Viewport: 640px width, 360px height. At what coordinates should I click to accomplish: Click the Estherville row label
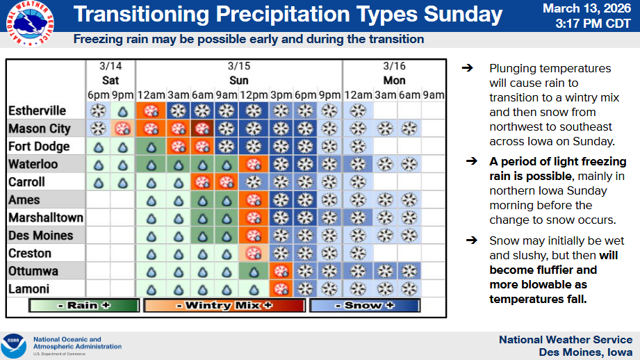coord(38,111)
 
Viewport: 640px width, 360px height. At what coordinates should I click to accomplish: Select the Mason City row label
coord(40,129)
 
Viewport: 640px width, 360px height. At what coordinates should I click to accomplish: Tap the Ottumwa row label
coord(33,271)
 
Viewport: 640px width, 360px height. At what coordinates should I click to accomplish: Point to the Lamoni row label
coord(30,288)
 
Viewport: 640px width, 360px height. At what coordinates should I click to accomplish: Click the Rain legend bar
coord(84,305)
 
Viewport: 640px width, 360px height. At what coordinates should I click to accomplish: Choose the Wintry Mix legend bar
coord(224,305)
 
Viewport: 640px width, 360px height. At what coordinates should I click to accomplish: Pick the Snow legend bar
coord(363,305)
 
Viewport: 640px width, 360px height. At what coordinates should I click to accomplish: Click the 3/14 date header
coord(110,66)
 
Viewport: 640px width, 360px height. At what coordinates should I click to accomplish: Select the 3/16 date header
coord(394,66)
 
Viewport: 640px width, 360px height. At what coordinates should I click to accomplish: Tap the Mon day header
coord(394,81)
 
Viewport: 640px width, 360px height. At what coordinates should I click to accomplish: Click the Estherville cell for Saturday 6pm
coord(99,111)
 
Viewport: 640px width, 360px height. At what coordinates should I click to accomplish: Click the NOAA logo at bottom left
coord(13,345)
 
